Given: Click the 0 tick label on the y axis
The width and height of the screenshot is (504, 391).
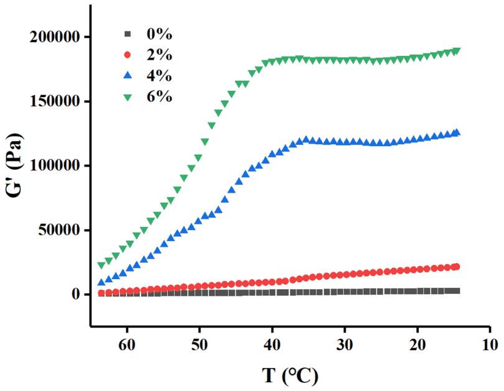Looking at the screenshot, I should point(77,295).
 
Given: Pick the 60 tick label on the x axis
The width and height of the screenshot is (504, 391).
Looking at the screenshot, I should point(127,344).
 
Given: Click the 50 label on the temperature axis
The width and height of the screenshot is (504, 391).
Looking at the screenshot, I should point(199,344).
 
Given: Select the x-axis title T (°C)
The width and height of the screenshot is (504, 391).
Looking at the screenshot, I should point(290,375).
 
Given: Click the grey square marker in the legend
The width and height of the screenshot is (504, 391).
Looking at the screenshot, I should point(128,34).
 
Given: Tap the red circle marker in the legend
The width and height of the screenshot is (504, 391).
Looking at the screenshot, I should point(128,55).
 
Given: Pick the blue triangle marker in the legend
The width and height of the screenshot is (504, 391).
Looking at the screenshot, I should point(128,75).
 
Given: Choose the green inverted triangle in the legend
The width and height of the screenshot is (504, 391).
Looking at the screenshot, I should point(128,97).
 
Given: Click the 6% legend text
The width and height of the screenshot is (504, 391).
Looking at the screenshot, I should point(159,96).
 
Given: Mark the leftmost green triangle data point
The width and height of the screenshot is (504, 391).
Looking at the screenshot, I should point(102,265).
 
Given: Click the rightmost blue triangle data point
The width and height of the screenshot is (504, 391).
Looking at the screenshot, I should point(457,132).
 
